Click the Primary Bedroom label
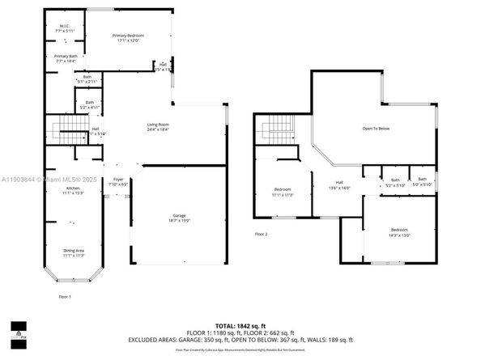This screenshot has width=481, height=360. pos(129,37)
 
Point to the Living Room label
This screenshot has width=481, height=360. pos(158,126)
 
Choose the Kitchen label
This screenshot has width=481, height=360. pos(72,190)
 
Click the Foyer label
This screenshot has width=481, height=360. pos(117,180)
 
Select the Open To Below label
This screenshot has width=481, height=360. pos(375,128)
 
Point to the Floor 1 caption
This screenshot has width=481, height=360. pos(64,297)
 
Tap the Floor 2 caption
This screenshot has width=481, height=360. pos(260,234)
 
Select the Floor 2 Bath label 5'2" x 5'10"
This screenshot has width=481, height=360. pos(395,182)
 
